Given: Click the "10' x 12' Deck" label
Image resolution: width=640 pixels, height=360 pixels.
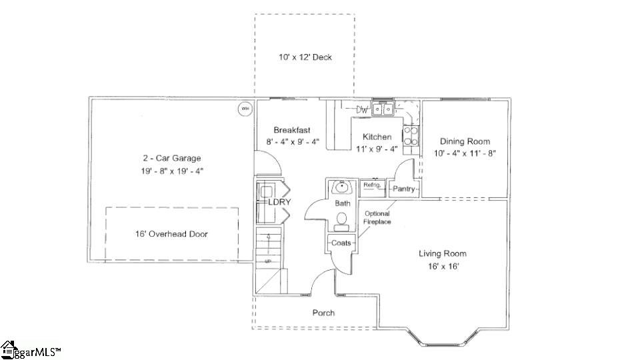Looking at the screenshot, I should coord(305,57).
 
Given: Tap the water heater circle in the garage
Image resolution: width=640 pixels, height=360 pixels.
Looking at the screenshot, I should coord(245,109).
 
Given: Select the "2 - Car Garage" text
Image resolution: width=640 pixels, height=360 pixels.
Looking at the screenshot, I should coord(171,158).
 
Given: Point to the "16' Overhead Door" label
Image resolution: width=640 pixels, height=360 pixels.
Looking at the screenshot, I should coord(172,234).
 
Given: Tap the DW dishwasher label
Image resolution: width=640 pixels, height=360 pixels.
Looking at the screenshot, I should coord(362,109).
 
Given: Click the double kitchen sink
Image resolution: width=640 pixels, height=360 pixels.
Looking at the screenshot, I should coord(382,109).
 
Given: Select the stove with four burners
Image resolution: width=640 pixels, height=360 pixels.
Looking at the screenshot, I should coord(411,135).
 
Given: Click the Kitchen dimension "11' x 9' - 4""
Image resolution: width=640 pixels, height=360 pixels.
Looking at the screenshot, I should coord(377,149).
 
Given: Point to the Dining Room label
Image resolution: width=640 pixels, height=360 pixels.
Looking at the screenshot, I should coord(465,141).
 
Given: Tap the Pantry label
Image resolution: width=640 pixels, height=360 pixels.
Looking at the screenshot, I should coord(404,189).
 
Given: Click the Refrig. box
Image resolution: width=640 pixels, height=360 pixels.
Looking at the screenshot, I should coord(371,186).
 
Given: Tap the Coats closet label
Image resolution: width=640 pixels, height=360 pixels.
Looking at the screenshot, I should coord(341,243).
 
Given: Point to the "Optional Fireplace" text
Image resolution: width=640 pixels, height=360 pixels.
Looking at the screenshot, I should coord(377,217).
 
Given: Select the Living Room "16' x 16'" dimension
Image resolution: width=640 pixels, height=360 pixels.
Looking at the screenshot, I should coord(443,266).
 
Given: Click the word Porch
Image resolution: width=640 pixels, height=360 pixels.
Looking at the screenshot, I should coord(323,313).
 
